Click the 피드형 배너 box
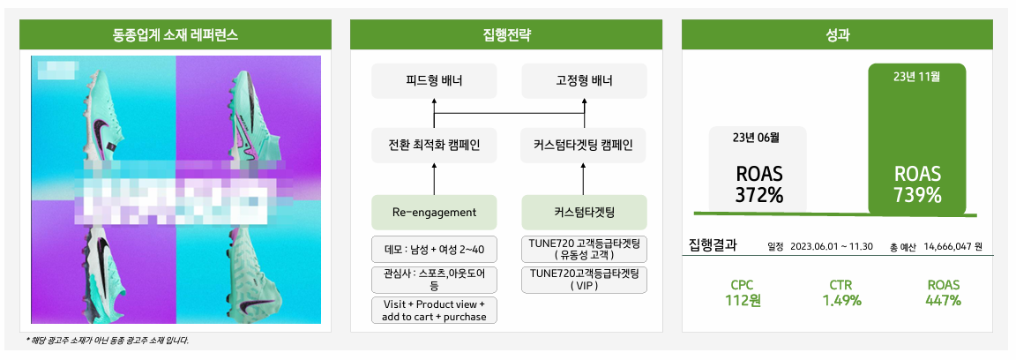pos(433,81)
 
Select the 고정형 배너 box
pos(584,81)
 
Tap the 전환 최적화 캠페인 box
pos(433,145)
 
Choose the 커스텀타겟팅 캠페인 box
pos(584,145)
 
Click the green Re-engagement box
pos(433,213)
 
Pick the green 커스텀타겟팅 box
pos(584,213)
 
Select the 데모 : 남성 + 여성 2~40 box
pos(433,249)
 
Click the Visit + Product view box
pos(433,310)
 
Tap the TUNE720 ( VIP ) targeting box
pos(584,280)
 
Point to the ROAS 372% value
pos(758,184)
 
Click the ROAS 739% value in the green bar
pos(917,184)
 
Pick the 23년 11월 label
pos(917,77)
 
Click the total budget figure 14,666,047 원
pos(953,246)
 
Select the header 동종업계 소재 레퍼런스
pos(176,35)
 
